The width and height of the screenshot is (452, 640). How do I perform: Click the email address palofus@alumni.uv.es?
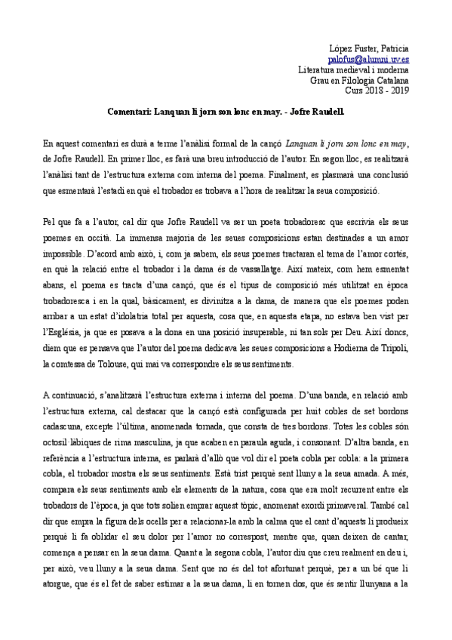tap(369, 58)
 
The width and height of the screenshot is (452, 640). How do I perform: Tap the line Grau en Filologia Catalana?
tap(359, 79)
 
